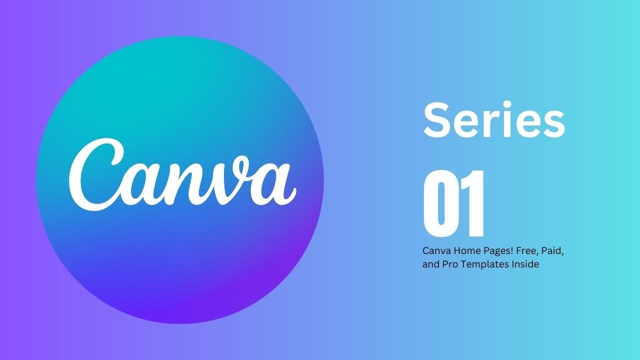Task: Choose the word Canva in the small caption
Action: [435, 250]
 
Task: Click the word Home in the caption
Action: [463, 250]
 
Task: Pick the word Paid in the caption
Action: [550, 250]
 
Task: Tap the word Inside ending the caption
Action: [525, 264]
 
